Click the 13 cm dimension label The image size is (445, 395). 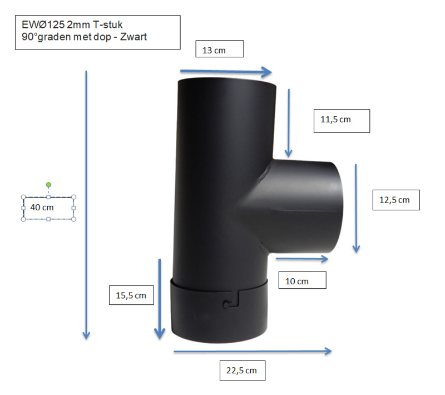point(214,51)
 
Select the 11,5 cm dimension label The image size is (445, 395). point(335,120)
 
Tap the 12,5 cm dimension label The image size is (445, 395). point(394,200)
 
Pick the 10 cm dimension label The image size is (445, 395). point(296,281)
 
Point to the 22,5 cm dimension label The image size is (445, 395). point(241,371)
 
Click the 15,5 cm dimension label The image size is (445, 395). point(131,295)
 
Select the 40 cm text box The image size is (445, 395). point(48,208)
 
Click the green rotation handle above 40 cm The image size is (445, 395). point(48,185)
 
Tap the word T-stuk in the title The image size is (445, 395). point(108,25)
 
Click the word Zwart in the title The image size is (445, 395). point(133,37)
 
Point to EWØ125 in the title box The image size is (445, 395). point(43,25)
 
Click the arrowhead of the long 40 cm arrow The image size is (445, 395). point(86,335)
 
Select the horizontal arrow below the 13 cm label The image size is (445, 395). point(226,72)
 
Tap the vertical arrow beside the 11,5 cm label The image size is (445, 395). point(289,123)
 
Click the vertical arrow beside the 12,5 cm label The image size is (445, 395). point(356,208)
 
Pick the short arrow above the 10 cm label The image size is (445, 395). point(302,259)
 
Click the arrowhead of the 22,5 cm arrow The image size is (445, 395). point(328,351)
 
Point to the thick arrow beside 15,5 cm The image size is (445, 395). point(160,299)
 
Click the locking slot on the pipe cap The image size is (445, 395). point(231,300)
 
